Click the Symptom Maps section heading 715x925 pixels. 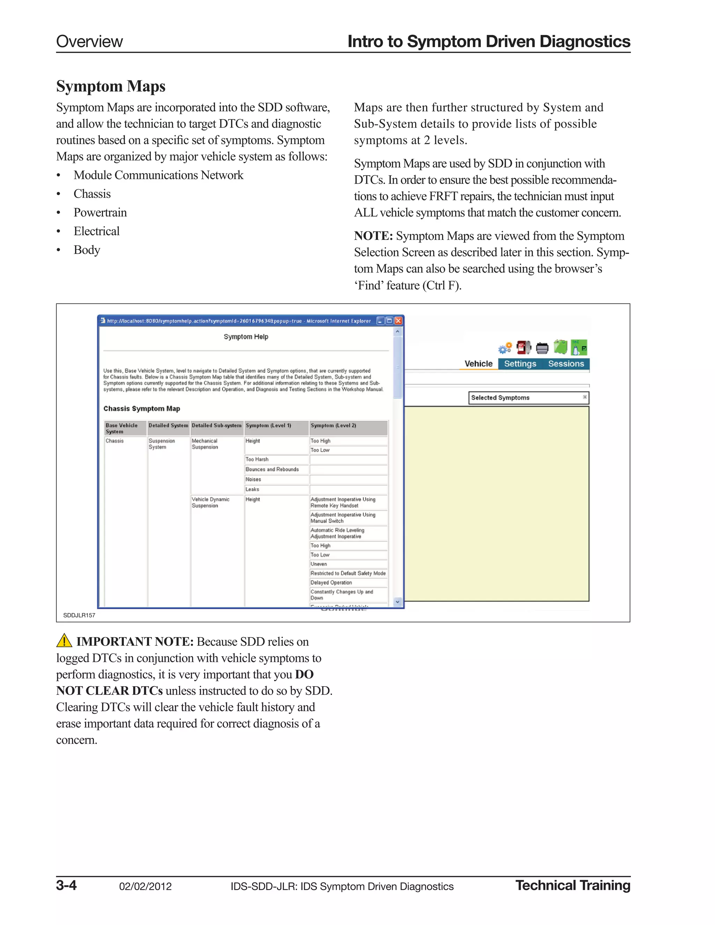111,87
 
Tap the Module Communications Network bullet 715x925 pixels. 158,175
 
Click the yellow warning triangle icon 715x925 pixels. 64,641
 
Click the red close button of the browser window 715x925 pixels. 398,321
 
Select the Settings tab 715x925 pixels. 520,364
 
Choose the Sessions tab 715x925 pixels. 566,364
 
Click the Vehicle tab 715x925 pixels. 478,364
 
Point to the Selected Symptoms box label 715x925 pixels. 500,398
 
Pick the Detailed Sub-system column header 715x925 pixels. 216,425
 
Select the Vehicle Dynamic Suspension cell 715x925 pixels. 211,503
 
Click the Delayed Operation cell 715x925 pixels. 331,583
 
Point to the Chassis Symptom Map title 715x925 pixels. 141,409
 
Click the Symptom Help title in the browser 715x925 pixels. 246,337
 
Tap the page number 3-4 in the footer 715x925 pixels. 66,886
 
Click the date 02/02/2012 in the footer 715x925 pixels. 145,887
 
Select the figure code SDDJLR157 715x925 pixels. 79,615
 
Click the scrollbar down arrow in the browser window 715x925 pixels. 397,602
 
